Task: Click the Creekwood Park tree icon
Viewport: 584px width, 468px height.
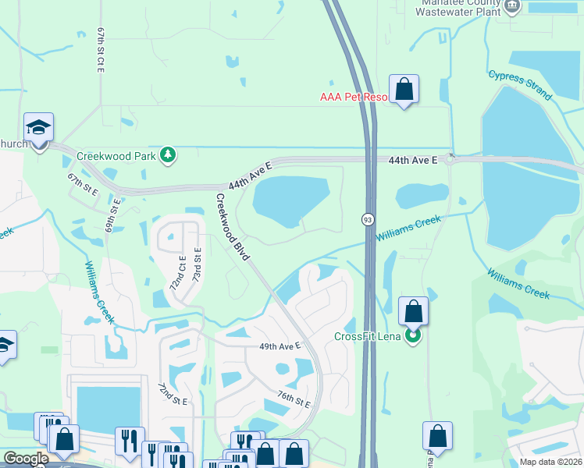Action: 167,155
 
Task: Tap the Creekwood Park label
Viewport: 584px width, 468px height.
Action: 117,155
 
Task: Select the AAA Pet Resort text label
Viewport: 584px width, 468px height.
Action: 354,97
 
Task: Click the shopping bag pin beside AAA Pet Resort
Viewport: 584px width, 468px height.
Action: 404,89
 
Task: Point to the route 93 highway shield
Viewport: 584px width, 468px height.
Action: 367,220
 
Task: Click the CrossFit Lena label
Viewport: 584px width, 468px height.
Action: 368,336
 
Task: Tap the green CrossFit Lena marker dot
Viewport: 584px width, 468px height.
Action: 414,337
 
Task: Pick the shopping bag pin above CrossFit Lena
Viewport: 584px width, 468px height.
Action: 414,311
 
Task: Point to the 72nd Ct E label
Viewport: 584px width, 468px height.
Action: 178,273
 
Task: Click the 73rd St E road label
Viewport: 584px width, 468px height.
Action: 197,266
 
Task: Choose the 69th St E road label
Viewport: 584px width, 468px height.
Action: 115,216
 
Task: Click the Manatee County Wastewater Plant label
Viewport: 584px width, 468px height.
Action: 457,7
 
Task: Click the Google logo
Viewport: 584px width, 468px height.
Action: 25,459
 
